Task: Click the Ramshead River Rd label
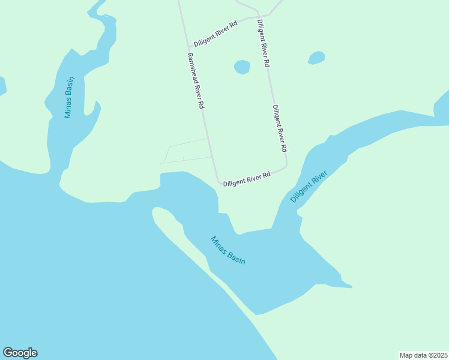pos(196,80)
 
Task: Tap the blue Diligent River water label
pos(309,187)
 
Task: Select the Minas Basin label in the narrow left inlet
pos(70,97)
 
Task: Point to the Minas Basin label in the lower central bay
pos(228,250)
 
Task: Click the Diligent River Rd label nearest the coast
pos(247,179)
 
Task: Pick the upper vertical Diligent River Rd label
pos(263,43)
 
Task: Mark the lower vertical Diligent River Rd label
pos(280,128)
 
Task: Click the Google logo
pos(20,353)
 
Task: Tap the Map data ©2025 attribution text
pos(424,355)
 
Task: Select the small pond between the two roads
pos(242,67)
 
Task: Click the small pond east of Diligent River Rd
pos(316,58)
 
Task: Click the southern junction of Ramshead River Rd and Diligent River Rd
pos(218,182)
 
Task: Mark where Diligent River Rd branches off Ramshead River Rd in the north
pos(190,46)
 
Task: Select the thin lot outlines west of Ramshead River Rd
pos(187,151)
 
